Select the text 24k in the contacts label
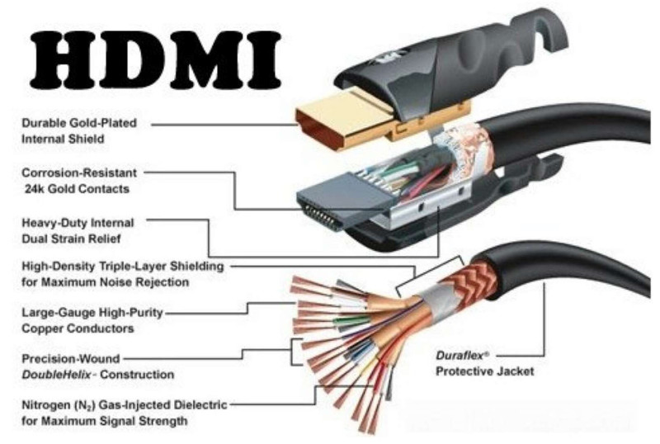(x=34, y=189)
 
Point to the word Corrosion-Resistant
(x=79, y=172)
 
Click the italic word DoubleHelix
(x=56, y=374)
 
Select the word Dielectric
(x=200, y=405)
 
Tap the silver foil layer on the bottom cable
(x=434, y=299)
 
